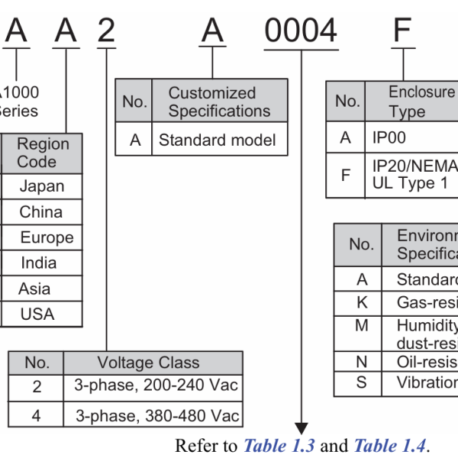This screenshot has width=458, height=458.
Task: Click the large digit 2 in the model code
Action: (x=107, y=31)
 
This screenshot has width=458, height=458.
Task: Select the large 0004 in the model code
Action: (x=301, y=31)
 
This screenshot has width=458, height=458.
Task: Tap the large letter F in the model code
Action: (x=402, y=31)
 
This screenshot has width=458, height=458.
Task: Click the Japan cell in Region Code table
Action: (x=42, y=186)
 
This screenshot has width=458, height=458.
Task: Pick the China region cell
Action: (x=41, y=212)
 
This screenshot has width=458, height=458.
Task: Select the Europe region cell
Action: (x=47, y=237)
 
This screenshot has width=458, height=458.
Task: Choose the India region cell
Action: (x=39, y=263)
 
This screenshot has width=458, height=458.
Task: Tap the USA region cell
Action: (x=38, y=314)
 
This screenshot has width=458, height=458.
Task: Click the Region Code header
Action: (x=42, y=153)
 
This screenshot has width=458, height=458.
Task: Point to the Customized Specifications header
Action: (x=219, y=102)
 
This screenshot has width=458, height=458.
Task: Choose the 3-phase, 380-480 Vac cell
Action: (x=156, y=416)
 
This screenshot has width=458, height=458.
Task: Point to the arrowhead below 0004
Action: (x=302, y=427)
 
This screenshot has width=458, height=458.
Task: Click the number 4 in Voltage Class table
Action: (x=37, y=416)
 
